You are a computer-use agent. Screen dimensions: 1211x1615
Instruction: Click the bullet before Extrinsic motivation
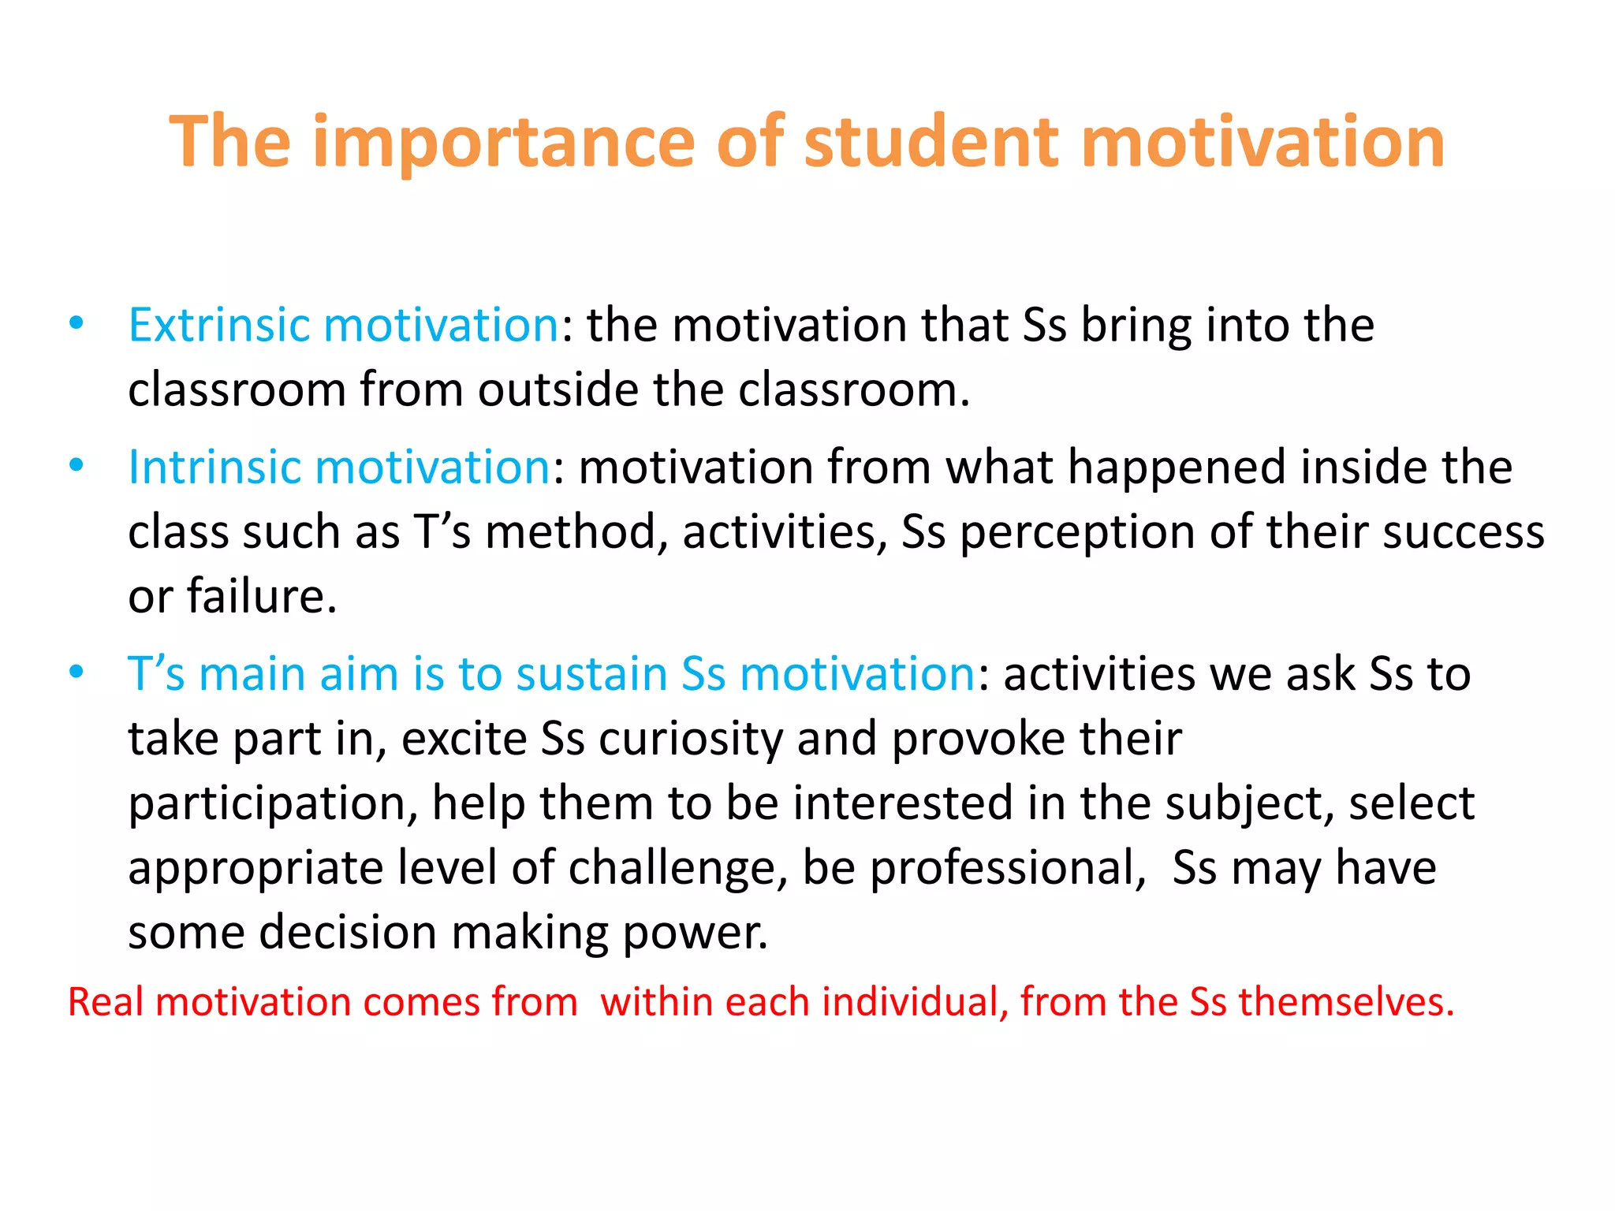click(x=76, y=323)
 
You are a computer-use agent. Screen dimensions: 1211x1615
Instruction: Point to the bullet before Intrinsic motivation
click(x=76, y=465)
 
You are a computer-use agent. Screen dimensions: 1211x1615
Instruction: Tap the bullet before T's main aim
click(x=76, y=673)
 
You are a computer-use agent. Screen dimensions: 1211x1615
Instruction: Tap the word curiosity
click(x=691, y=739)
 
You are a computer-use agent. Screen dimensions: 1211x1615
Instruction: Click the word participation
click(x=272, y=805)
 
